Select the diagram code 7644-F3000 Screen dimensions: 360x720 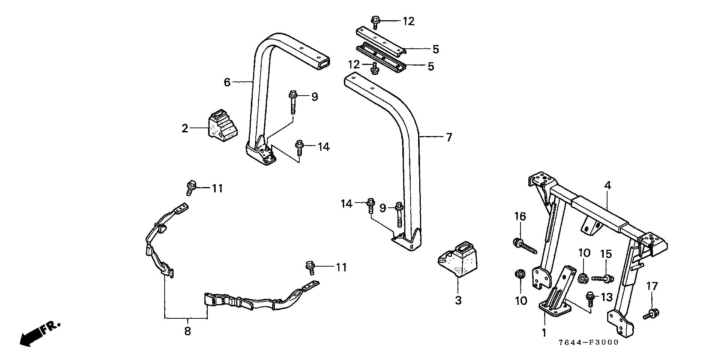click(x=588, y=343)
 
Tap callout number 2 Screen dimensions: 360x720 click(x=185, y=129)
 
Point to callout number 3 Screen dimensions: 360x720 click(x=458, y=300)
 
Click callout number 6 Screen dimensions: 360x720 click(x=227, y=82)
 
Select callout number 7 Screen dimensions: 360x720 click(x=449, y=137)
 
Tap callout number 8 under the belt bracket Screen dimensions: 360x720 click(x=187, y=331)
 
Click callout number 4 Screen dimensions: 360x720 click(x=607, y=185)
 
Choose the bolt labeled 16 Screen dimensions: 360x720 click(x=524, y=246)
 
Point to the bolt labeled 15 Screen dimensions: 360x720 click(x=603, y=278)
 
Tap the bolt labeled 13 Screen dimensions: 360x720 click(x=589, y=297)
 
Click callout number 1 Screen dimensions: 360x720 click(x=544, y=332)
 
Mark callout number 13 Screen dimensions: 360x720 click(x=606, y=297)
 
